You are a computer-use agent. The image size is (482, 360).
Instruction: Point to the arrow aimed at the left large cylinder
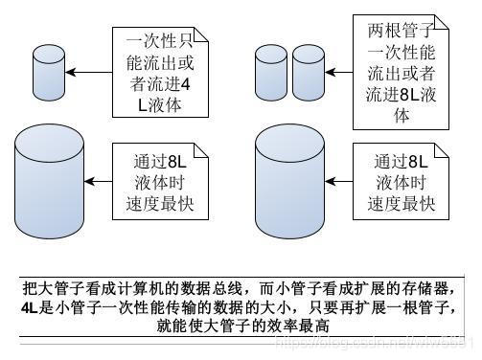(x=101, y=176)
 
